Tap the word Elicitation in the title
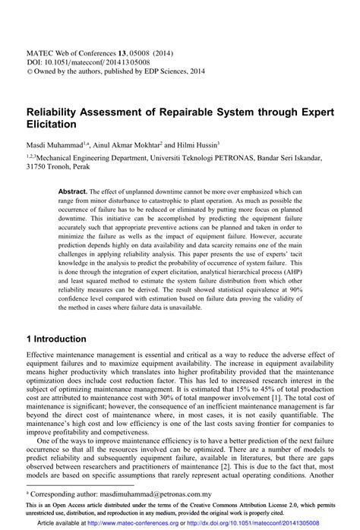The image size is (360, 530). (52, 123)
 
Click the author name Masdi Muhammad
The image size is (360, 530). (52, 144)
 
